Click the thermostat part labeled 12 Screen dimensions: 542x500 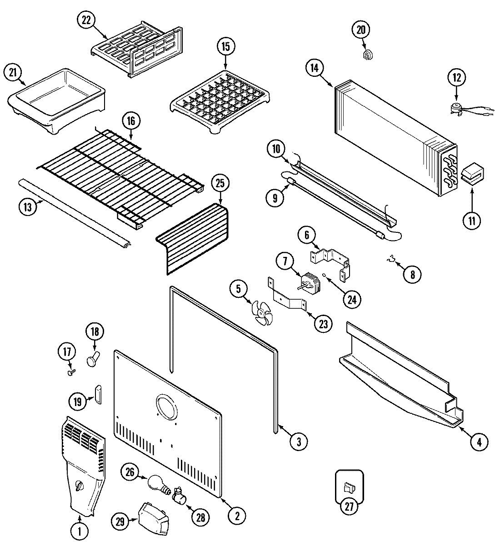457,107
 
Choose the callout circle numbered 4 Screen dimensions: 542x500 479,441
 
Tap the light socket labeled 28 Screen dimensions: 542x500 179,496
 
